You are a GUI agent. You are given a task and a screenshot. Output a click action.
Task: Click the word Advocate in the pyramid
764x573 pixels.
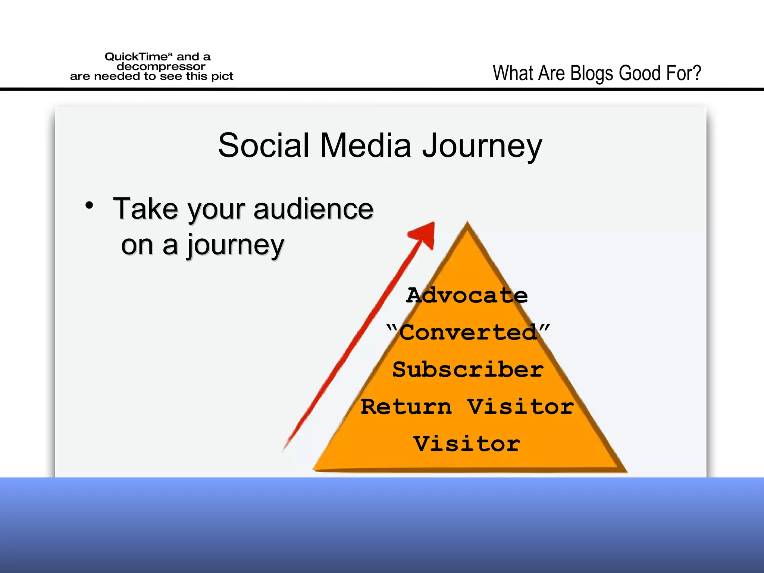(x=467, y=295)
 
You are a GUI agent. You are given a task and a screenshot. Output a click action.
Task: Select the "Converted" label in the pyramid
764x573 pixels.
(x=468, y=332)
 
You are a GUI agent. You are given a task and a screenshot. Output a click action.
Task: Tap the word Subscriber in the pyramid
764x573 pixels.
(x=468, y=369)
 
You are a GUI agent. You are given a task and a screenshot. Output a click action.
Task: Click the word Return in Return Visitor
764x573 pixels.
(x=406, y=407)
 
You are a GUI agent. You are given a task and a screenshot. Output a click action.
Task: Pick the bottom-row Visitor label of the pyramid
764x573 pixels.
(x=467, y=444)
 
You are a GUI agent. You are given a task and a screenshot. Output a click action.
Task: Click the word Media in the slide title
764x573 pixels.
(x=365, y=145)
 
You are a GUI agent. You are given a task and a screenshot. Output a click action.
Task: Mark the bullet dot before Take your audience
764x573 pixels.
(x=89, y=205)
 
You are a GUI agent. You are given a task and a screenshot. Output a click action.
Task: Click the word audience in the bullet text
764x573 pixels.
(x=313, y=209)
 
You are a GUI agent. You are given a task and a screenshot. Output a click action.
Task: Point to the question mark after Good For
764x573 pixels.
(x=696, y=73)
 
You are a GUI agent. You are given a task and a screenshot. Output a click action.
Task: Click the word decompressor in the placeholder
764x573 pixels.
(x=161, y=66)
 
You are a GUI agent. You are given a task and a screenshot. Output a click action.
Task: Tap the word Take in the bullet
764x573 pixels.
(x=145, y=209)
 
